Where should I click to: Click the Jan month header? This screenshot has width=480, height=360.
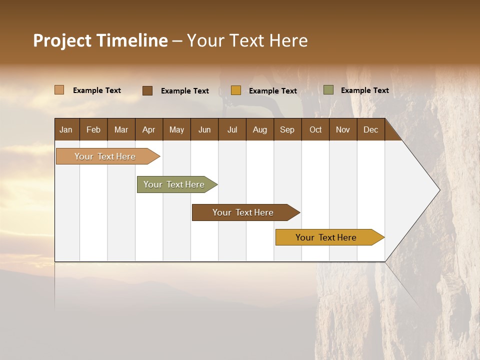tap(66, 129)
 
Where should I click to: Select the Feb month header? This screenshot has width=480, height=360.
tap(93, 129)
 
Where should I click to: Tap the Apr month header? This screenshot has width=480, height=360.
tap(148, 129)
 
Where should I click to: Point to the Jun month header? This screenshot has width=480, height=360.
tap(204, 129)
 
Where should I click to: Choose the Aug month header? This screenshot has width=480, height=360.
tap(260, 129)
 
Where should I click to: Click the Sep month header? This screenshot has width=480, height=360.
tap(287, 129)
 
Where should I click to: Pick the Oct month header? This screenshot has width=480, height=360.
tap(315, 129)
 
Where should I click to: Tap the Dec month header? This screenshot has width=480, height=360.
tap(371, 129)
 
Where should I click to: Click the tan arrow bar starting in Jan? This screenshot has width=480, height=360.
tap(105, 156)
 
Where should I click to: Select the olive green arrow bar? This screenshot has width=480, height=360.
tap(174, 184)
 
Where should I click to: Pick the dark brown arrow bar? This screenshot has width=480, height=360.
tap(243, 212)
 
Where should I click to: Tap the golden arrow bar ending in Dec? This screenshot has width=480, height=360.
tap(326, 237)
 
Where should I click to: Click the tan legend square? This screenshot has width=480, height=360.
tap(59, 90)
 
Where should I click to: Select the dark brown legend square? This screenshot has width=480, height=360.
tap(147, 90)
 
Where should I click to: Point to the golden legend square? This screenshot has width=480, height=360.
tap(236, 90)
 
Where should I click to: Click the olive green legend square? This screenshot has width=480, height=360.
tap(328, 90)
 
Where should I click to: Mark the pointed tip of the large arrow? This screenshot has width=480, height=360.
tap(438, 190)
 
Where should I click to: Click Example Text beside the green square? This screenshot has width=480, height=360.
tap(364, 90)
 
